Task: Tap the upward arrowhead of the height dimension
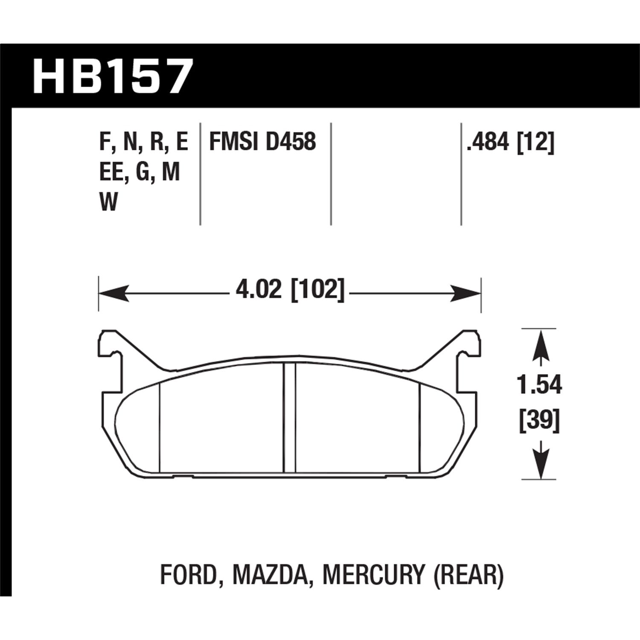[x=541, y=341]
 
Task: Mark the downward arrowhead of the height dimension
[x=541, y=467]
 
